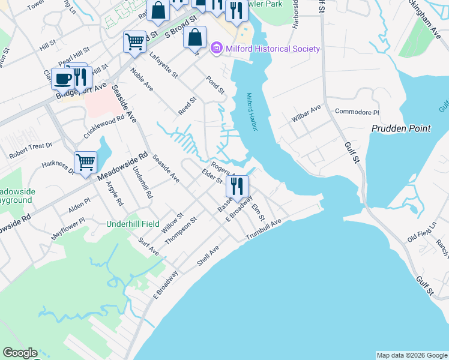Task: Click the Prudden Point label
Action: (401, 128)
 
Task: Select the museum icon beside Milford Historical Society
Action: (217, 49)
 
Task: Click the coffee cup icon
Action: (63, 78)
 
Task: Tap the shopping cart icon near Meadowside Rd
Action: (86, 162)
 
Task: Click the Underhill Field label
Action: (133, 224)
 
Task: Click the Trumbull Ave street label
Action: (264, 231)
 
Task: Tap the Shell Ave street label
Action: (208, 256)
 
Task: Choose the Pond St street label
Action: (215, 85)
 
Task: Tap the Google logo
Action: (20, 353)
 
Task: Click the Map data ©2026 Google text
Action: (412, 355)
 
